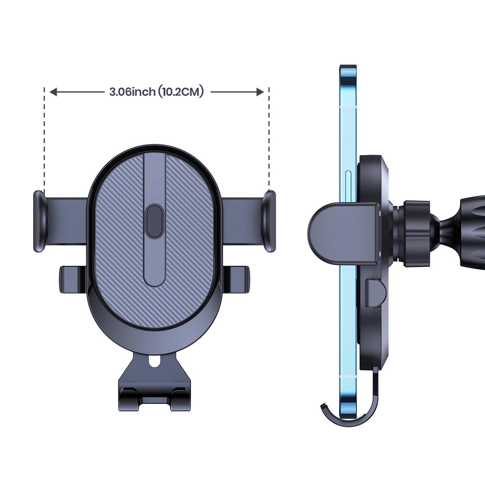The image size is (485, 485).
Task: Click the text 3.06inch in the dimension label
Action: pyautogui.click(x=133, y=92)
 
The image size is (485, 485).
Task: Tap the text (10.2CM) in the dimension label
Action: pyautogui.click(x=181, y=92)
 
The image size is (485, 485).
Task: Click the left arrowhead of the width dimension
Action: pyautogui.click(x=53, y=92)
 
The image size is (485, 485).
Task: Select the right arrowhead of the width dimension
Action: pyautogui.click(x=260, y=92)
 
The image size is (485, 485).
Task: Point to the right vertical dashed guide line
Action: pyautogui.click(x=269, y=139)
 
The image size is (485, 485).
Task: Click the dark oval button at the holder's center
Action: pyautogui.click(x=154, y=221)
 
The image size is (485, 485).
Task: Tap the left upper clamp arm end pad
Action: pyautogui.click(x=40, y=221)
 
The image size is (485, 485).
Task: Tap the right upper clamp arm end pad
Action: pyautogui.click(x=268, y=221)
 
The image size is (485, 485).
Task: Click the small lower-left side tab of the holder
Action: pyautogui.click(x=72, y=280)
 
